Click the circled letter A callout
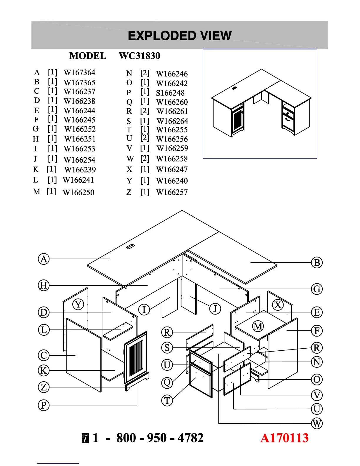click(44, 259)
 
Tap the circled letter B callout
click(317, 263)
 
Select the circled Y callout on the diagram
click(78, 304)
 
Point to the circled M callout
click(258, 326)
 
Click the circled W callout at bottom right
click(317, 424)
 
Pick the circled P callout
click(44, 405)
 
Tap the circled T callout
click(167, 400)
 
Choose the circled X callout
click(278, 305)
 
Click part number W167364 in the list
click(79, 73)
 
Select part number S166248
click(170, 93)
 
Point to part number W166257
click(172, 192)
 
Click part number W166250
click(79, 193)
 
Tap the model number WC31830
click(139, 56)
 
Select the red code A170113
click(284, 438)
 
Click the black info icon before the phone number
click(85, 438)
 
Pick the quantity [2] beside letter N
click(145, 73)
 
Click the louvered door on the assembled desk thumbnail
click(237, 120)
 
